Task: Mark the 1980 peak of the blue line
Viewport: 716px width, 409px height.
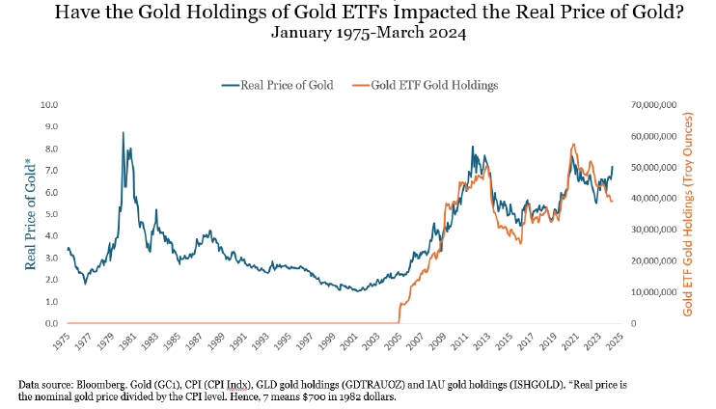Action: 123,133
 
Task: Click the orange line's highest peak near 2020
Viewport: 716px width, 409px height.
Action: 574,145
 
